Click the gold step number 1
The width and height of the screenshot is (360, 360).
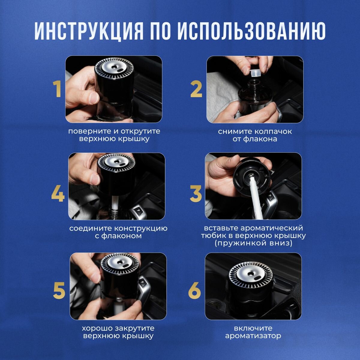coord(57,89)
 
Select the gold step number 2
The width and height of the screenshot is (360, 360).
coord(196,89)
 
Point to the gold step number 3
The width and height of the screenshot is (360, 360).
coord(196,193)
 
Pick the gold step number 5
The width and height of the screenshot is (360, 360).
coord(59,290)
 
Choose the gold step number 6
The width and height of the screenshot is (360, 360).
coord(194,290)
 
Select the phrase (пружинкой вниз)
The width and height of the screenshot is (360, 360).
coord(253,243)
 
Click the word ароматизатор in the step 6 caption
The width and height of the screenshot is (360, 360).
coord(253,336)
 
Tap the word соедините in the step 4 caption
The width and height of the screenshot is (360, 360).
coord(90,229)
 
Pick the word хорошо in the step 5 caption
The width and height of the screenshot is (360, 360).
coord(97,328)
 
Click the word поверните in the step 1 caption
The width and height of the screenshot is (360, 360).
coord(89,131)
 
